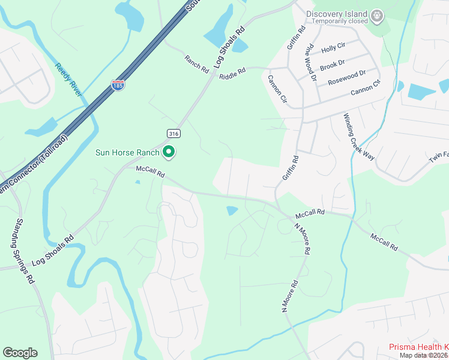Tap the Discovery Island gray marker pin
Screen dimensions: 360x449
pyautogui.click(x=377, y=16)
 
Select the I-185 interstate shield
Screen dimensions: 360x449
pyautogui.click(x=118, y=86)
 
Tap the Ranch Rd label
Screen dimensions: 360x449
pyautogui.click(x=196, y=61)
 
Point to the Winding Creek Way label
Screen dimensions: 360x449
pyautogui.click(x=359, y=136)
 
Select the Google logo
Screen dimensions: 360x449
pyautogui.click(x=20, y=353)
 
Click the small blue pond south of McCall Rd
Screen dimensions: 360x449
pyautogui.click(x=232, y=211)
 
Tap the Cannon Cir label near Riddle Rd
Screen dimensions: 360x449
pyautogui.click(x=278, y=91)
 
